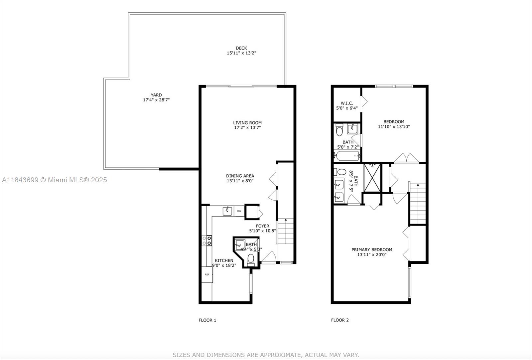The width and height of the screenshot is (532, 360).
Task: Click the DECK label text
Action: (x=241, y=48)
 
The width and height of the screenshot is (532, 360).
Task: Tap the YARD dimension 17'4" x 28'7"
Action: (x=156, y=100)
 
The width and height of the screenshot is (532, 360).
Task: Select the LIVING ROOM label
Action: (x=247, y=123)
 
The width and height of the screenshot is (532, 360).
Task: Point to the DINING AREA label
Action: (x=240, y=176)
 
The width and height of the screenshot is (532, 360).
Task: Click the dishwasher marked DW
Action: (x=239, y=211)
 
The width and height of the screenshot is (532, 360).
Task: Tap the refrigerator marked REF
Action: (x=207, y=274)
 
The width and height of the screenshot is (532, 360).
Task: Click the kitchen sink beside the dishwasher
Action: (x=227, y=211)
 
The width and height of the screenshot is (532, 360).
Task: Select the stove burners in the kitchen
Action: (x=207, y=241)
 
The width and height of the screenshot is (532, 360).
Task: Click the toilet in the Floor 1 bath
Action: (x=251, y=260)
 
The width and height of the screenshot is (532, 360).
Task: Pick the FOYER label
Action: (x=262, y=226)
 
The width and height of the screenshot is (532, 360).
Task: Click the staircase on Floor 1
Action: (x=286, y=231)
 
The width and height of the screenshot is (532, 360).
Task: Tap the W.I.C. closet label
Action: (x=347, y=103)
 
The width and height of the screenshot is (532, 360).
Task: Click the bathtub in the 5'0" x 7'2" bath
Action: (x=347, y=156)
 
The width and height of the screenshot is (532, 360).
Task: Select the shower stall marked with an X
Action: (x=372, y=178)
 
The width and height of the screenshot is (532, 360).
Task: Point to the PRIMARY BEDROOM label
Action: (x=372, y=250)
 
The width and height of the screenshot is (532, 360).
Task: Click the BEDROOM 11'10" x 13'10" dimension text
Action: (x=394, y=127)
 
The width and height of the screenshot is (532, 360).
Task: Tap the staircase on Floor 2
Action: (x=417, y=203)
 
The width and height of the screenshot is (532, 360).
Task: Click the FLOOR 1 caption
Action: (x=207, y=320)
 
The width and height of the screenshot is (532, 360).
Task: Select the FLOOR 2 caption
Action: (x=340, y=320)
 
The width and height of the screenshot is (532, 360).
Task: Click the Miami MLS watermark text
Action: (x=55, y=180)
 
